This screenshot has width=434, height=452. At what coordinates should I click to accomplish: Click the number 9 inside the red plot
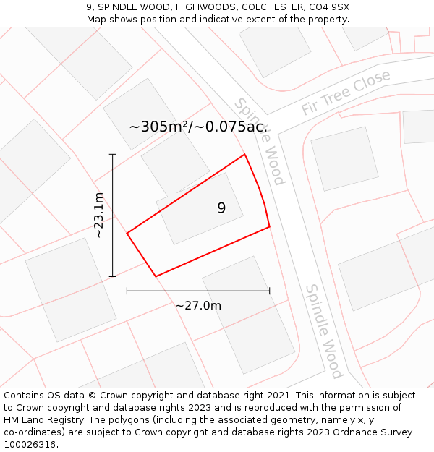pos(221,208)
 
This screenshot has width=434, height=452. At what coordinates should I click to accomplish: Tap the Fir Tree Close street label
pos(346,93)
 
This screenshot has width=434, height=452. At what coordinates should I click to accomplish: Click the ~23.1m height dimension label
pos(99,216)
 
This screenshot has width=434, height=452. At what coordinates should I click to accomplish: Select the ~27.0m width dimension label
pos(198,306)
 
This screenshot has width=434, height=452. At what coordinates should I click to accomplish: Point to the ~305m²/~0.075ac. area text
pos(198,127)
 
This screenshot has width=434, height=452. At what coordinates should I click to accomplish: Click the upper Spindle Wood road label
pos(260,141)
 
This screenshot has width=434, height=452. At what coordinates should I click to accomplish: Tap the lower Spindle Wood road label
pos(323,331)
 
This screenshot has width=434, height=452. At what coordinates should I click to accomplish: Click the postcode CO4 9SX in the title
pos(328,7)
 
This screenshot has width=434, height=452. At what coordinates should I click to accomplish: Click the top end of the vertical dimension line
pos(113,154)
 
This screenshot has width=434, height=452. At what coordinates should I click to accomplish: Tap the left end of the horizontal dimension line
pos(127,291)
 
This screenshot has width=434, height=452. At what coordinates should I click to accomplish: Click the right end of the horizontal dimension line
pos(270,291)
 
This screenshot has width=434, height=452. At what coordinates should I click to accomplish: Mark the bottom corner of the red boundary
pos(156,276)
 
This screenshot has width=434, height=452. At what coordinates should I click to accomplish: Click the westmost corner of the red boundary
pos(127,234)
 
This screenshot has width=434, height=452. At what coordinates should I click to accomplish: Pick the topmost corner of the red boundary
pos(244,154)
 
